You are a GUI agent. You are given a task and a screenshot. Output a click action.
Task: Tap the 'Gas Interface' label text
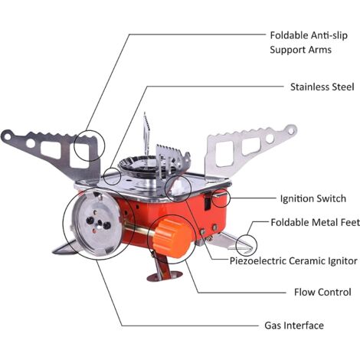click(294, 326)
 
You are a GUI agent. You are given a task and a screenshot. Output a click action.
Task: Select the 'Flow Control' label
click(322, 292)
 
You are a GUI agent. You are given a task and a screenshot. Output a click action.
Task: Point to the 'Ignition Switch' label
click(313, 198)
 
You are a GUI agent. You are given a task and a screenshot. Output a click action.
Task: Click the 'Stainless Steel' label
click(322, 87)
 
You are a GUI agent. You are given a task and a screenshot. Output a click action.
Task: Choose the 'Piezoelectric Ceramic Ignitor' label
click(293, 260)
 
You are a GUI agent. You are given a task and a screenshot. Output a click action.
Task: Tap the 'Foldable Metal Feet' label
click(315, 222)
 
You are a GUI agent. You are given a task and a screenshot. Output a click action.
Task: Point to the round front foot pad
click(165, 276)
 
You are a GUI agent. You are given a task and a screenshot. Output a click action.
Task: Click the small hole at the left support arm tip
click(7, 136)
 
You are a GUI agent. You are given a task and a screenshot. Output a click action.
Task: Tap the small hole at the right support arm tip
click(291, 131)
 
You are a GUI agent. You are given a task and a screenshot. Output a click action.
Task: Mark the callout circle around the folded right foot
click(247, 245)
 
